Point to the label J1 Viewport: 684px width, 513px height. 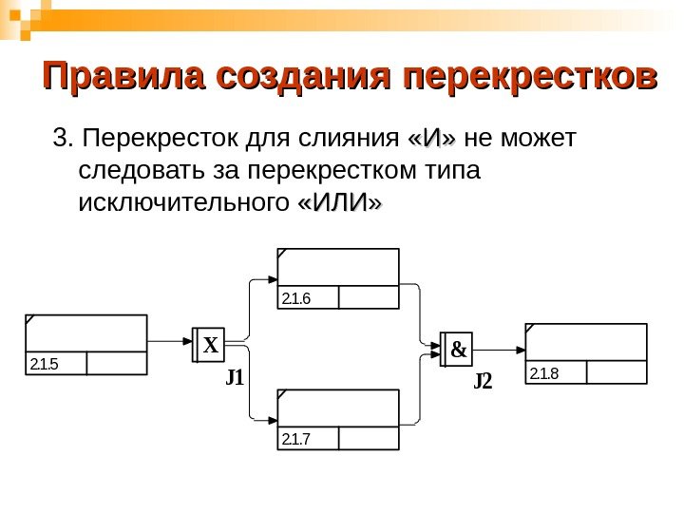(235, 377)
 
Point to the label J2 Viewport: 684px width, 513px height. (484, 382)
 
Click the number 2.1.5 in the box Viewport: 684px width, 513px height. (44, 364)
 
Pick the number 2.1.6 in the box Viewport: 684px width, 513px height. (296, 298)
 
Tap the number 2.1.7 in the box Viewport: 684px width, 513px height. (296, 439)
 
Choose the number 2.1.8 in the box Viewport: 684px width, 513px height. (544, 371)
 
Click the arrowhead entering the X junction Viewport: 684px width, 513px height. (188, 341)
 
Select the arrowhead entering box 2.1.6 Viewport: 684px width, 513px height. (271, 279)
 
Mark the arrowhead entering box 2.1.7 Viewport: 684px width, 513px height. (271, 419)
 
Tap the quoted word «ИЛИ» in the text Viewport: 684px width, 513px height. (340, 203)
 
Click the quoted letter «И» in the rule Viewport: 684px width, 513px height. (431, 141)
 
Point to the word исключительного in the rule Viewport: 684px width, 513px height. (183, 203)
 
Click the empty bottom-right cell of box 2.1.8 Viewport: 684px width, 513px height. (617, 371)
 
